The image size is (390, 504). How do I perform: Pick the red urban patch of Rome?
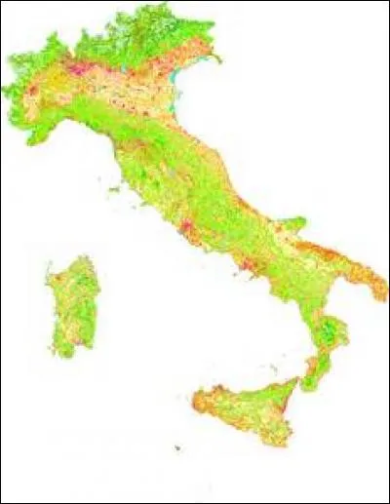click(183, 230)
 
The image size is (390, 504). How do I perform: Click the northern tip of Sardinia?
click(85, 258)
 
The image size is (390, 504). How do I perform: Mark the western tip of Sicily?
click(194, 396)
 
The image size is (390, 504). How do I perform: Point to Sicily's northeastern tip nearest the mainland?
click(296, 381)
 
